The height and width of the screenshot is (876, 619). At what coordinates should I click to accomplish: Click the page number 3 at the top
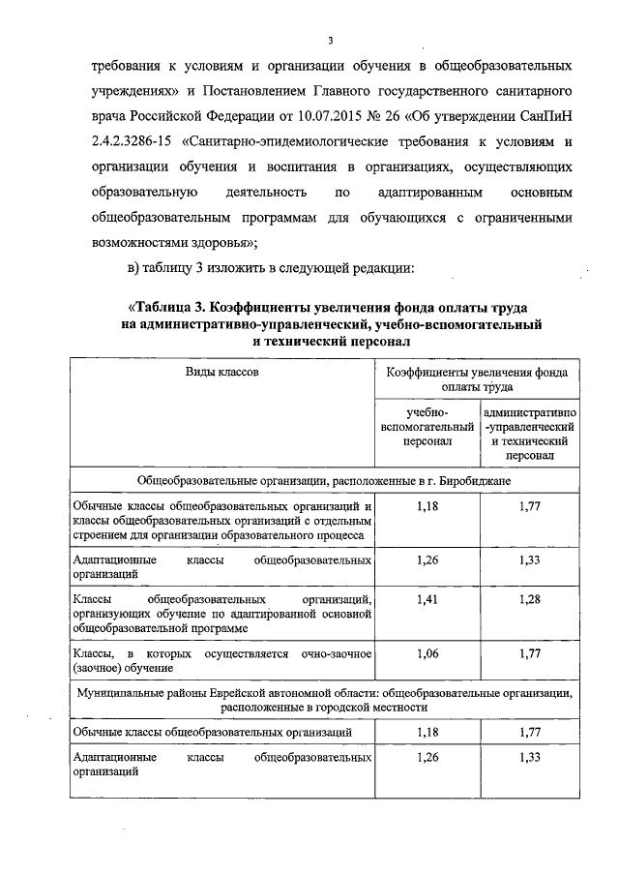[329, 41]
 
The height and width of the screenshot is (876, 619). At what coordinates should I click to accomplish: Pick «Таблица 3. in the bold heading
[177, 309]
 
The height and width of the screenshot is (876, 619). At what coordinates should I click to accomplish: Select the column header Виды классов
[221, 371]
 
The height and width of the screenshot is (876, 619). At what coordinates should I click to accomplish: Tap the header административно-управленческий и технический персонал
[528, 434]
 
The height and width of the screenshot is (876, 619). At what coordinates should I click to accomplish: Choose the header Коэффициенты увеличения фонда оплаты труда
[478, 378]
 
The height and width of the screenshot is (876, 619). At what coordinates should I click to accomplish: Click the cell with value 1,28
[528, 599]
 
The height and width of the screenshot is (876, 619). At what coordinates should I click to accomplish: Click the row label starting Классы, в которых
[221, 661]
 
